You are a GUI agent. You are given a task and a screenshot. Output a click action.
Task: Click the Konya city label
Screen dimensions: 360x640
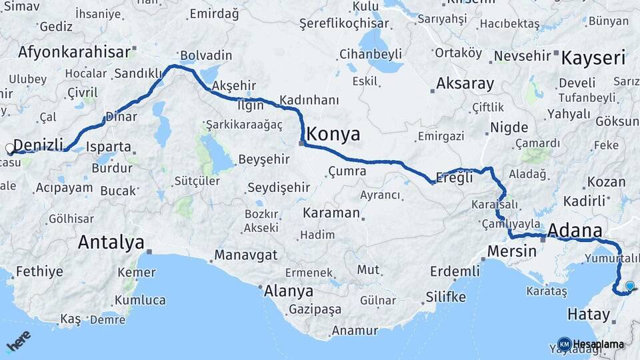coord(333,135)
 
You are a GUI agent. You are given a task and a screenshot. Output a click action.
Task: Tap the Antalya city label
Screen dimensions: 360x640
coord(111,242)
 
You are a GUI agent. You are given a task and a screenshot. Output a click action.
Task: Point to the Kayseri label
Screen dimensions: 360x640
coord(593,58)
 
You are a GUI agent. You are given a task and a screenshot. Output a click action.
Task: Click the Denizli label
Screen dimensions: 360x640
coord(38,145)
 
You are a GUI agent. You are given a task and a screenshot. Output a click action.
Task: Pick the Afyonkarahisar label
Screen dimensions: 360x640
coord(74,52)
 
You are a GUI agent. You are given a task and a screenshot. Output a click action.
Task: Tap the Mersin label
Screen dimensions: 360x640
coord(512,251)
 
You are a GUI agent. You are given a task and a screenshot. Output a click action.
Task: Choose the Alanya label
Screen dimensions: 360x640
coord(289,291)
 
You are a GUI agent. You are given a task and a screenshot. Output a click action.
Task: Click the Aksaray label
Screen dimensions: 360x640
coord(465,84)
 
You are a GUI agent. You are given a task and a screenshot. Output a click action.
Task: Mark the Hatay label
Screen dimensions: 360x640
coord(589,314)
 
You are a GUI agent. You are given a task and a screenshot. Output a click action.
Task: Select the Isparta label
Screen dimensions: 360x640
coord(109,147)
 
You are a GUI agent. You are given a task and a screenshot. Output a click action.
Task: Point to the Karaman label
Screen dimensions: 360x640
coord(331,214)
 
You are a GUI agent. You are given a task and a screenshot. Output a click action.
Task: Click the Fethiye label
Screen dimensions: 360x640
coord(39,271)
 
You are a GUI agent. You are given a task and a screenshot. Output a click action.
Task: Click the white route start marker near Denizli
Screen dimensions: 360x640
coord(9,149)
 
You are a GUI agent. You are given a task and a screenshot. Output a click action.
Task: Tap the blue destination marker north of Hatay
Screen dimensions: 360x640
coord(629,286)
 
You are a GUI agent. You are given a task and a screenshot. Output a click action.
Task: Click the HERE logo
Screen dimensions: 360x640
coord(18,341)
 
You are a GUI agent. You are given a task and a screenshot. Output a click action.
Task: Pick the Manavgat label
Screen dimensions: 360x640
coord(245,255)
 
